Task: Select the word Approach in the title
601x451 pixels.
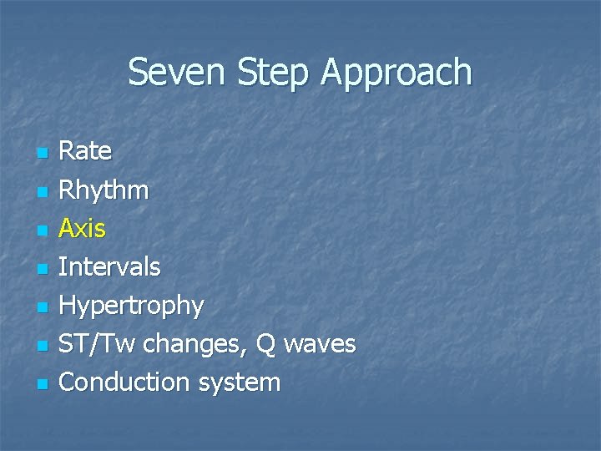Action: pyautogui.click(x=396, y=73)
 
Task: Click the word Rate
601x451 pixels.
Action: pyautogui.click(x=85, y=151)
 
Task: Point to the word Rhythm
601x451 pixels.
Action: pyautogui.click(x=104, y=190)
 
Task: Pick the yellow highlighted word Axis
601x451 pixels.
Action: pyautogui.click(x=83, y=228)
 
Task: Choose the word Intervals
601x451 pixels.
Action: pyautogui.click(x=109, y=267)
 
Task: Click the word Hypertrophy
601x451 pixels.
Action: pyautogui.click(x=131, y=306)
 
